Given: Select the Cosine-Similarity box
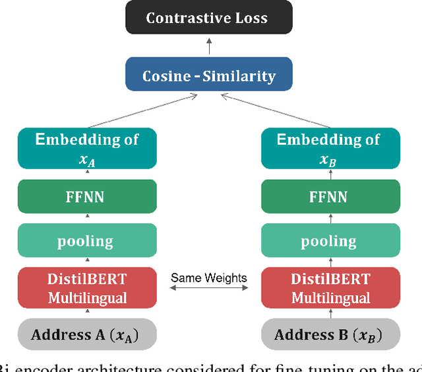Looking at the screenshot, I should [x=209, y=75].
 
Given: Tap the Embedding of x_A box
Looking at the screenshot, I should [x=87, y=149].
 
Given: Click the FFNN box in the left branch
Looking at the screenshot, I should [x=87, y=196].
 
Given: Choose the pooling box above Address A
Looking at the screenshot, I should [x=87, y=241].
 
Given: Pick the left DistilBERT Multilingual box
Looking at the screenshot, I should [x=87, y=288].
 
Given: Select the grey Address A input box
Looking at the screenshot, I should [x=87, y=334].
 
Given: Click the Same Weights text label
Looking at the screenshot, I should [x=208, y=278].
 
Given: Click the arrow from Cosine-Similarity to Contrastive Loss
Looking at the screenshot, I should [x=209, y=46].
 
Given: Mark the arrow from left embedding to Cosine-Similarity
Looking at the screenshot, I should [x=142, y=110].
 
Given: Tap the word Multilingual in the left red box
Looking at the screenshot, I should [x=87, y=298].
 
